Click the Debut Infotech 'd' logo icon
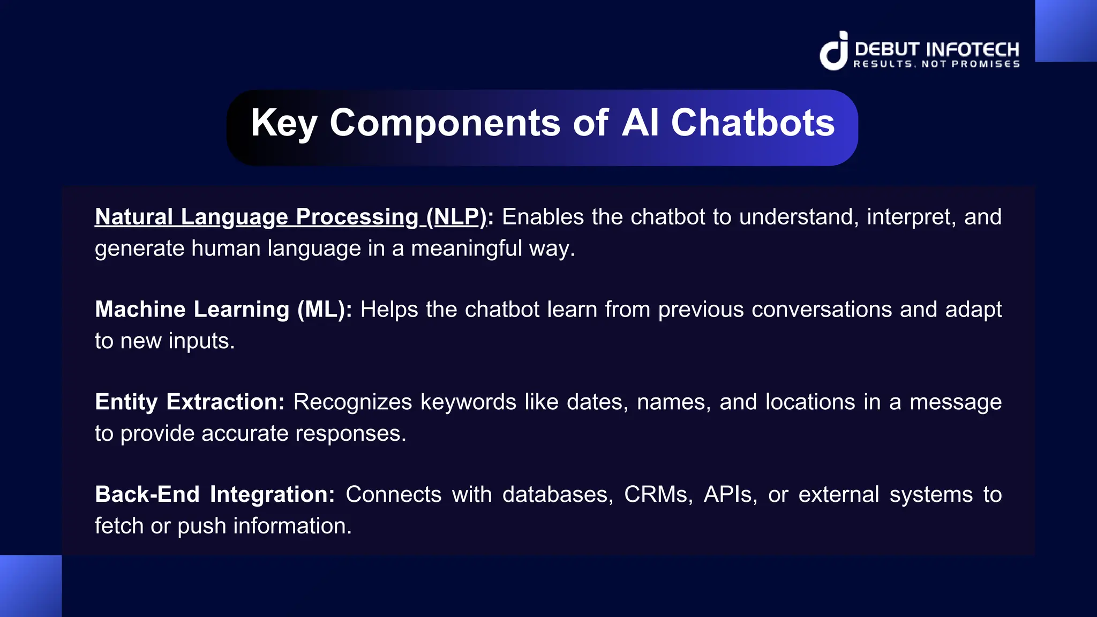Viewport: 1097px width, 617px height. pos(834,51)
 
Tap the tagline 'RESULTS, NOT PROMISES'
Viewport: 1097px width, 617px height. pos(936,64)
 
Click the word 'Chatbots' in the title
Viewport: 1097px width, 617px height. pos(753,123)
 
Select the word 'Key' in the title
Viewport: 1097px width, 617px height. pos(284,123)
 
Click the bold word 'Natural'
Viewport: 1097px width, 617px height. pos(133,217)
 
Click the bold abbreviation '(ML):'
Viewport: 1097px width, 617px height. pos(325,310)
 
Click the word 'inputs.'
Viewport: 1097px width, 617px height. pos(201,341)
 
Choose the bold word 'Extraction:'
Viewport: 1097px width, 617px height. pos(225,402)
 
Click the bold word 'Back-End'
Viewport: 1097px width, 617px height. pos(147,494)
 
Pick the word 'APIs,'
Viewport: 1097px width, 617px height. pos(730,494)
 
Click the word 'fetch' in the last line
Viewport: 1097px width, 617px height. pos(119,526)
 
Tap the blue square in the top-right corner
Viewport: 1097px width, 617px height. pos(1066,31)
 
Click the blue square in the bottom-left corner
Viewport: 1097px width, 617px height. pos(31,586)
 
